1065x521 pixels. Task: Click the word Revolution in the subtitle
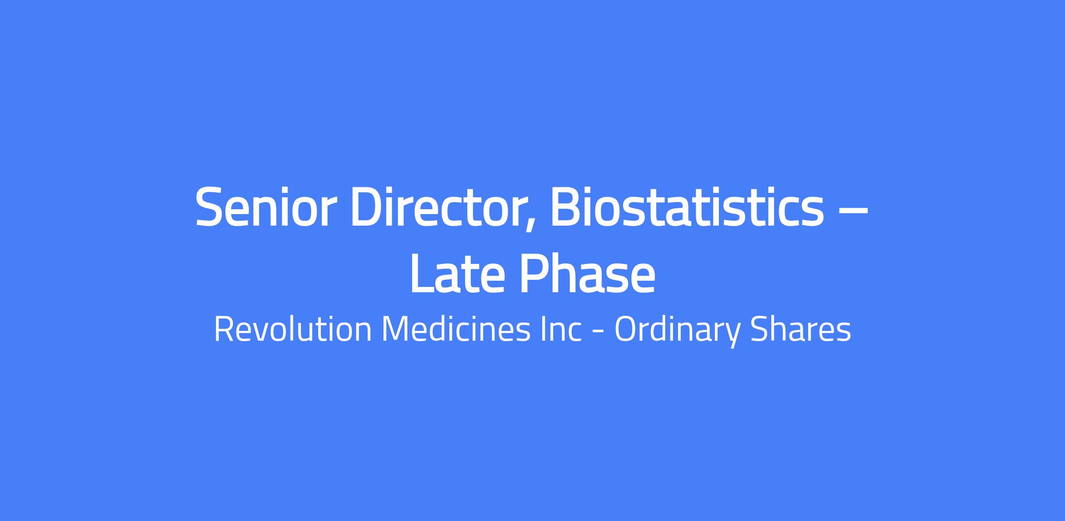(x=293, y=329)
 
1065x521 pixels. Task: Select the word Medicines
(x=456, y=329)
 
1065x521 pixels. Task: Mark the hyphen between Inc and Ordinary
(x=598, y=332)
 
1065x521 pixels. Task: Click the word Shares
(x=801, y=329)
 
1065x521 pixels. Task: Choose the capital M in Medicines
(x=396, y=329)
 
